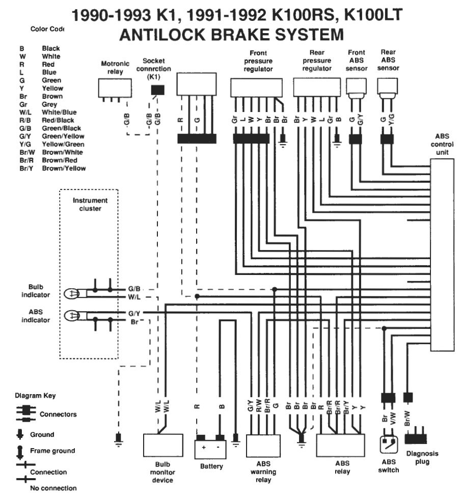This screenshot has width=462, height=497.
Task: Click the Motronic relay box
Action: (115, 88)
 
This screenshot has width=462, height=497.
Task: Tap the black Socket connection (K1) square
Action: (157, 90)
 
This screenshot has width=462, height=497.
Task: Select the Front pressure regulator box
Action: (256, 88)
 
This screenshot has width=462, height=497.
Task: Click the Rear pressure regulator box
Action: (316, 87)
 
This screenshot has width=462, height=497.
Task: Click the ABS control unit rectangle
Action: (442, 255)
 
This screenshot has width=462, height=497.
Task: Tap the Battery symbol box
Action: (210, 449)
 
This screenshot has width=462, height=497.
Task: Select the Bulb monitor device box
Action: (163, 445)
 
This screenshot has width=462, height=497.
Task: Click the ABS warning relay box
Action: (263, 446)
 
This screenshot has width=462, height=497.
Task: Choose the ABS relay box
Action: (341, 445)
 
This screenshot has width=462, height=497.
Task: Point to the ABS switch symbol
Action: (389, 445)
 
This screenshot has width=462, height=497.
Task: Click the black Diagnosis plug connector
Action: (416, 438)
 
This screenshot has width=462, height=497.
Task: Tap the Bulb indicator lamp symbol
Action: (72, 294)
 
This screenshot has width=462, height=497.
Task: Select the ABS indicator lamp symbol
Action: (72, 316)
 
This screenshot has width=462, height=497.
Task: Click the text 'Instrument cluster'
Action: (90, 204)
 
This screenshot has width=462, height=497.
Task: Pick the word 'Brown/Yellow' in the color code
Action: (64, 169)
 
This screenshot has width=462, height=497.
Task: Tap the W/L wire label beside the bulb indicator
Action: (134, 297)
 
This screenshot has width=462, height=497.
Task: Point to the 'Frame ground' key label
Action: (52, 451)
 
